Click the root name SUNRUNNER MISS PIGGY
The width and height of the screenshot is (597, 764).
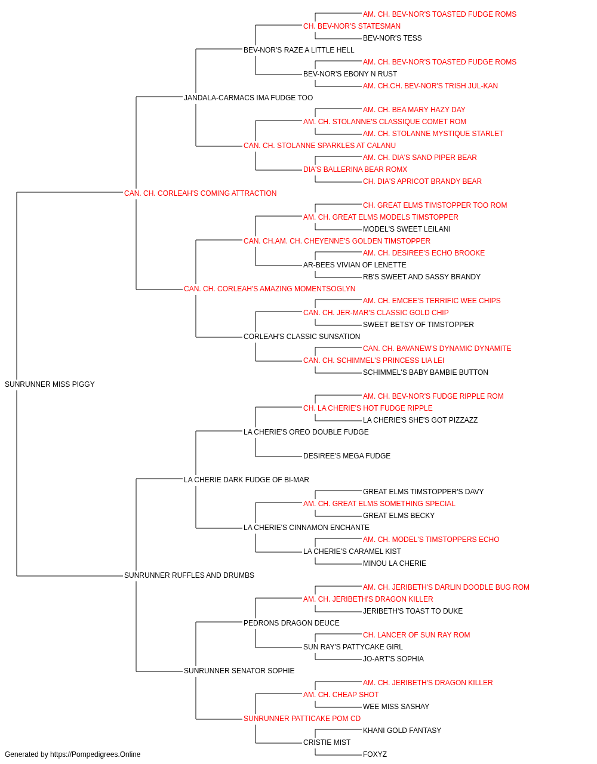(50, 384)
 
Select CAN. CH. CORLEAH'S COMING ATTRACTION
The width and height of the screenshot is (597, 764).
(200, 193)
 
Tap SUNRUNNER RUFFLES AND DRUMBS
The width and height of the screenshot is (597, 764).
(189, 575)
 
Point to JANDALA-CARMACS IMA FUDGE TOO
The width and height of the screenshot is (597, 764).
(248, 98)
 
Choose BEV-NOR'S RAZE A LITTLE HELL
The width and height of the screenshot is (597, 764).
(298, 50)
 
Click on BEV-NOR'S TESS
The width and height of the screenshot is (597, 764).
(392, 38)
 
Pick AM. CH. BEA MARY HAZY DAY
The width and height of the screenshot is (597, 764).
(414, 110)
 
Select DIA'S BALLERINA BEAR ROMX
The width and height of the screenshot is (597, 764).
(355, 170)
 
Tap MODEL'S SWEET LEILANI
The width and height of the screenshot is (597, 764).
(407, 229)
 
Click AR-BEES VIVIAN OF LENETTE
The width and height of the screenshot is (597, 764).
(355, 265)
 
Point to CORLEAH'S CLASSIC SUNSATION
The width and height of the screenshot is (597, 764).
(301, 337)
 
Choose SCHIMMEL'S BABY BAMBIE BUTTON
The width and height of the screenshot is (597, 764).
(425, 372)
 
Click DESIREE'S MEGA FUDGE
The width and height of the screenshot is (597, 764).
(347, 456)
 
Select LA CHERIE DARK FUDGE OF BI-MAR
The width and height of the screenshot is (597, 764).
(246, 480)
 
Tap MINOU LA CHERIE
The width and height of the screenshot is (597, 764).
(394, 563)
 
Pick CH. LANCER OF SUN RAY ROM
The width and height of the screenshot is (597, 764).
(416, 635)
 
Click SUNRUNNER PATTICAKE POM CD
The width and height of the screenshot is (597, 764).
(302, 719)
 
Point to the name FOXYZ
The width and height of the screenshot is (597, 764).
(375, 754)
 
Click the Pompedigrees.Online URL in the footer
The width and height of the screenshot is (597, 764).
(95, 754)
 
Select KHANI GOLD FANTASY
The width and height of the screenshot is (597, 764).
(402, 731)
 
